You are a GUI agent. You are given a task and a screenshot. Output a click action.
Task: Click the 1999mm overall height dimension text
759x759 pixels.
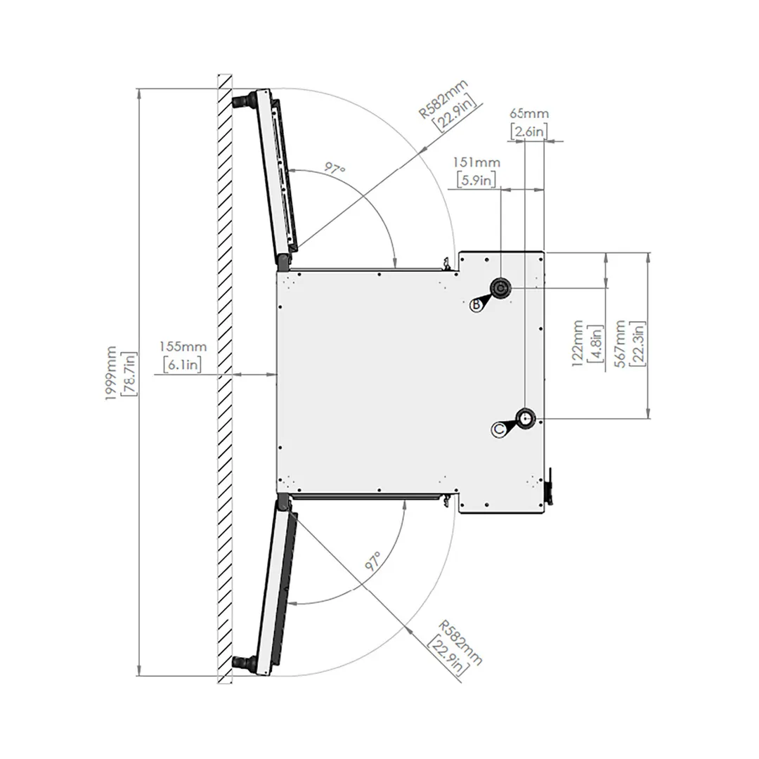(x=111, y=373)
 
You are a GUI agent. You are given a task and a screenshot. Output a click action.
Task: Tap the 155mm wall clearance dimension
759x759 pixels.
(x=183, y=346)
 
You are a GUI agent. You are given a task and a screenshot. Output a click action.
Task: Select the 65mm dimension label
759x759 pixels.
(x=529, y=114)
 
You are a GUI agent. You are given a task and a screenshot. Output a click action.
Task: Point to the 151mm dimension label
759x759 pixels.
(x=476, y=162)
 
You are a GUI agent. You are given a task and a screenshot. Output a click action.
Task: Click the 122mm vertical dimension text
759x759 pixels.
(x=577, y=343)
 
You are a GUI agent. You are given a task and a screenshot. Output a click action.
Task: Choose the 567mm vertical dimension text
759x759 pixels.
(x=621, y=344)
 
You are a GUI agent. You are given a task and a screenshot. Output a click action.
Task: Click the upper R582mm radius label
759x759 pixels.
(x=443, y=99)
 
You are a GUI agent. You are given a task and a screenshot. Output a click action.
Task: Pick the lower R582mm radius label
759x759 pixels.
(x=460, y=642)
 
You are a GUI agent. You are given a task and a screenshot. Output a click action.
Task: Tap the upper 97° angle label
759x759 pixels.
(x=335, y=169)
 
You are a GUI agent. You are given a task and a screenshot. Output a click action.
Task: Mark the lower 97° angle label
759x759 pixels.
(x=373, y=561)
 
